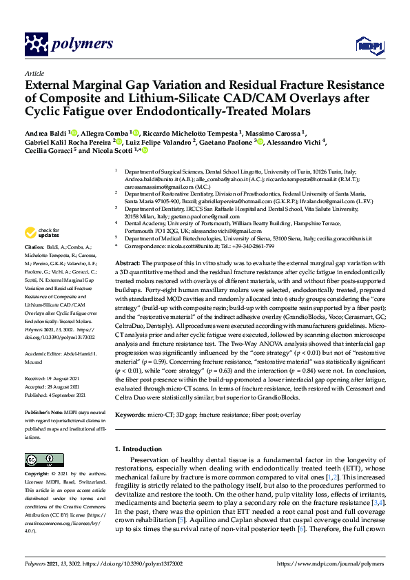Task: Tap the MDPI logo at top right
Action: tap(368, 45)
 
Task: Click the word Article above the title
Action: tap(34, 72)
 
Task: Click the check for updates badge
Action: tap(41, 233)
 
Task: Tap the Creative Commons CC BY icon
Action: tap(39, 459)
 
